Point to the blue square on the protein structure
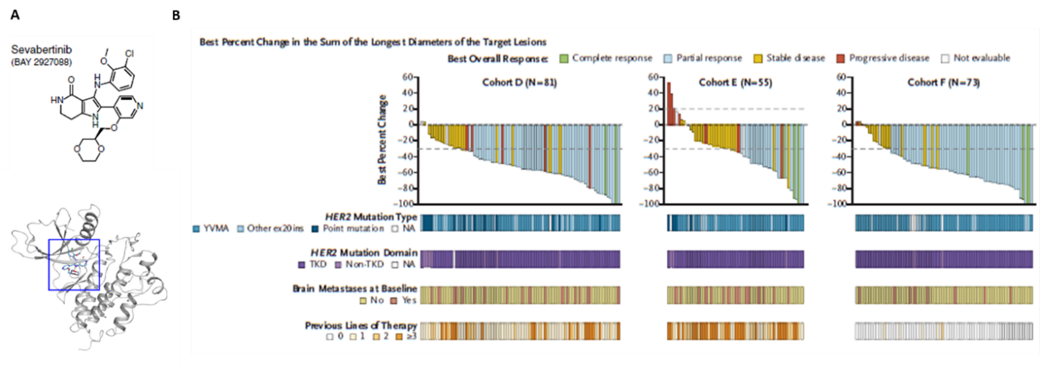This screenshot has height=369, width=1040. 74,264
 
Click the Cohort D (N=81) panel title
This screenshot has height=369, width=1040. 520,82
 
